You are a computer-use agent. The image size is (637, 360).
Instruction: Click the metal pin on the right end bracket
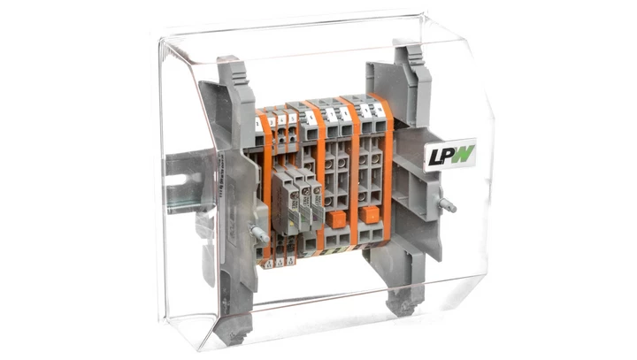(448, 205)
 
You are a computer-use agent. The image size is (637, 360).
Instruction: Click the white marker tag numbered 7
(331, 114)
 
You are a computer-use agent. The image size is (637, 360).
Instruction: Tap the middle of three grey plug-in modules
(302, 199)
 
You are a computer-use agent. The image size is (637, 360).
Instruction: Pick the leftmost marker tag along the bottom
(267, 262)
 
